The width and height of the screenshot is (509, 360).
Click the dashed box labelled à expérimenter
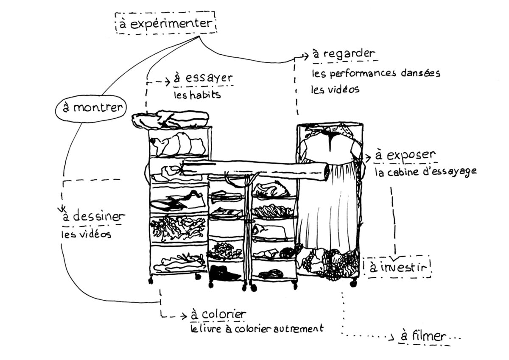click(x=165, y=23)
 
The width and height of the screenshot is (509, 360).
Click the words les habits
click(x=197, y=95)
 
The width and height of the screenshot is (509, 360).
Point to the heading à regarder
click(x=343, y=54)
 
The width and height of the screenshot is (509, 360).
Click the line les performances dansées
click(x=376, y=73)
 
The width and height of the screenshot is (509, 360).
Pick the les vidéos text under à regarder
click(x=335, y=89)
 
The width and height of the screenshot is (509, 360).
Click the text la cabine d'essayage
click(x=425, y=172)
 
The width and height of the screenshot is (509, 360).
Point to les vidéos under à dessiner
click(x=86, y=233)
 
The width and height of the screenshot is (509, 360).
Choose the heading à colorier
click(x=218, y=315)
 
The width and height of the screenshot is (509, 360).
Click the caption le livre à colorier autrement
click(x=257, y=329)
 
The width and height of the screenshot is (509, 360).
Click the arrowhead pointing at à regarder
click(x=305, y=55)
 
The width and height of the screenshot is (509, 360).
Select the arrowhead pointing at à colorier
click(x=184, y=315)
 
